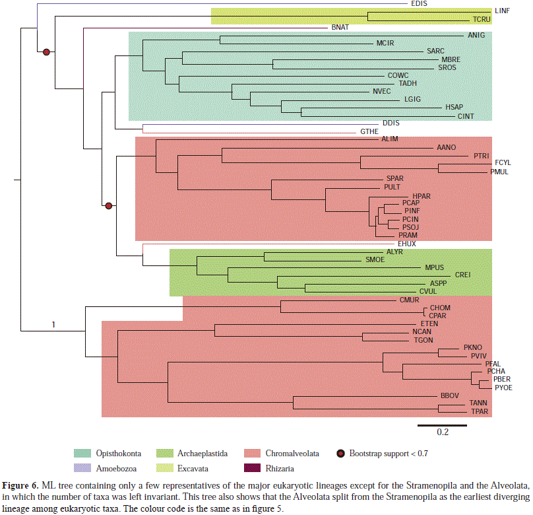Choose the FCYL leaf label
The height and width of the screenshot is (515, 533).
coord(503,162)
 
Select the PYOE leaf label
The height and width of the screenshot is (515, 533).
coord(503,387)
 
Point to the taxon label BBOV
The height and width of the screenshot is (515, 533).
coord(449,394)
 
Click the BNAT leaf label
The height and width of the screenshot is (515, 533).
coord(340,28)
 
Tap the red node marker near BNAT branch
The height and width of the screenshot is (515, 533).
coord(46,51)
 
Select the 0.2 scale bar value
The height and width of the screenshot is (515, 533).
coord(441,432)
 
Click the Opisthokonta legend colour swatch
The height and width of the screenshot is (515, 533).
coord(82,453)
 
